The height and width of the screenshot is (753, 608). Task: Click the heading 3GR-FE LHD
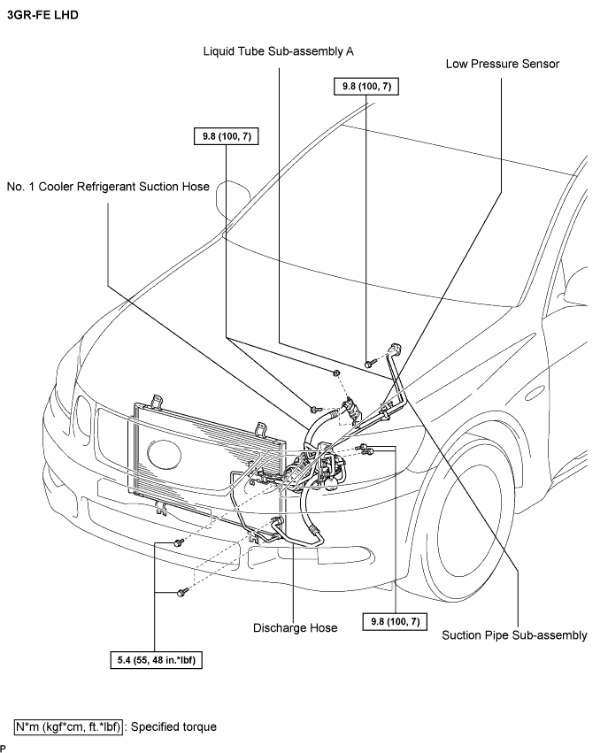point(42,15)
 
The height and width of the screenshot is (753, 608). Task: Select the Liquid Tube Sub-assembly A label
point(278,51)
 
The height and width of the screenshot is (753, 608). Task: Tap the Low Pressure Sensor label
point(503,64)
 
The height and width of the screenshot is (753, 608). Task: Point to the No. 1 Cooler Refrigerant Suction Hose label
point(108,187)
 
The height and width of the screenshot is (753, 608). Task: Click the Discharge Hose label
point(295,628)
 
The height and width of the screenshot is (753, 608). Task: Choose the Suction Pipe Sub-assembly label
point(514,635)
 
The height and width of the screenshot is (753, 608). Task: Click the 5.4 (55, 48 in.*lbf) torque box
point(156,660)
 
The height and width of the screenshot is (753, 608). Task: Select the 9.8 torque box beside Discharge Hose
point(396,621)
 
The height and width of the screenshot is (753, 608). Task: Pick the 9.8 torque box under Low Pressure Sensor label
point(366,87)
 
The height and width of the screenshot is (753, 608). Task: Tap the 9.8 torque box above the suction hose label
point(227,136)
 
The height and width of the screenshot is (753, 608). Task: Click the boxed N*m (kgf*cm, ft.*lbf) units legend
point(68,727)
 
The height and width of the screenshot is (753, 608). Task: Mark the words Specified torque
point(173,727)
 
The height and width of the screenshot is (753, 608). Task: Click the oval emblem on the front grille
point(165,454)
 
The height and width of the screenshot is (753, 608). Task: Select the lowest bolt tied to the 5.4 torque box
point(181,593)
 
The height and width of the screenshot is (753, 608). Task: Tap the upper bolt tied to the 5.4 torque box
point(179,542)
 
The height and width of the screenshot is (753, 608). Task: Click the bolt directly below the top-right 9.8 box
point(369,364)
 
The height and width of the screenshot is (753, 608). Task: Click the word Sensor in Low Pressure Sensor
point(541,64)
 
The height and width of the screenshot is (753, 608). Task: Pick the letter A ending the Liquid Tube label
point(350,51)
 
